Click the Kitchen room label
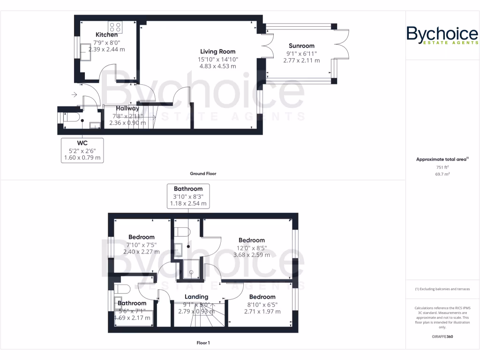pos(106,35)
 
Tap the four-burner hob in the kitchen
pos(116,27)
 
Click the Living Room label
pos(217,52)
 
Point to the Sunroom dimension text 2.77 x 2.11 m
pos(301,60)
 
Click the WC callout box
pos(82,150)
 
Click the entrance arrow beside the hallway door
pos(74,95)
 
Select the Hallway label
pos(127,108)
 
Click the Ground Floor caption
pos(203,173)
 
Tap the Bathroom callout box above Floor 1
pos(188,196)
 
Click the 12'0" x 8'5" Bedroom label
pos(252,240)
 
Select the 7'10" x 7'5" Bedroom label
pos(141,237)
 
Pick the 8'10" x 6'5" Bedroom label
pos(262,297)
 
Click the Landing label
pos(196,297)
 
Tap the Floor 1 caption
pos(203,343)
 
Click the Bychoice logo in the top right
pos(442,36)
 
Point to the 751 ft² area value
pos(442,167)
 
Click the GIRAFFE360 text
pos(442,337)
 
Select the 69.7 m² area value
pos(442,174)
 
